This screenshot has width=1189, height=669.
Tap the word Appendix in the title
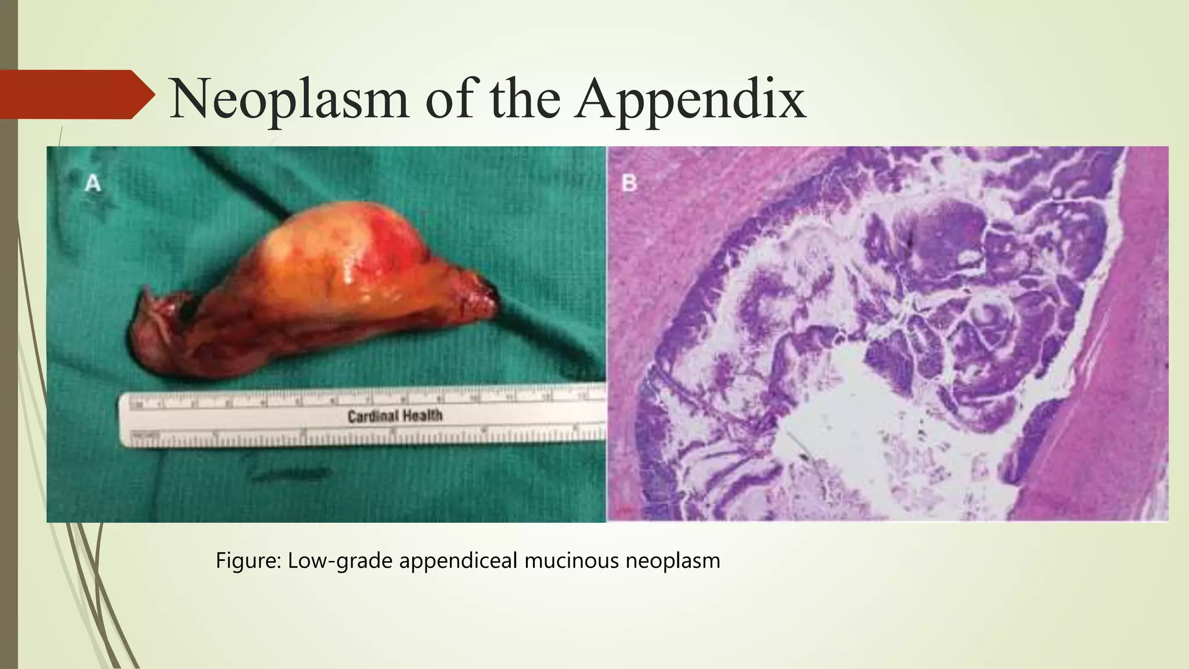pyautogui.click(x=690, y=100)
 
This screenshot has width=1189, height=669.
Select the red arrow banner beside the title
pyautogui.click(x=75, y=95)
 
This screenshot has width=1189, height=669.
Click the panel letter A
pyautogui.click(x=93, y=184)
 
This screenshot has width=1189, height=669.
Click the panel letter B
pyautogui.click(x=629, y=184)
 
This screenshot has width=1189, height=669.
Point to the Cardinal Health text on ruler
pyautogui.click(x=395, y=416)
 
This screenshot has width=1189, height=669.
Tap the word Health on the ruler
pyautogui.click(x=421, y=416)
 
